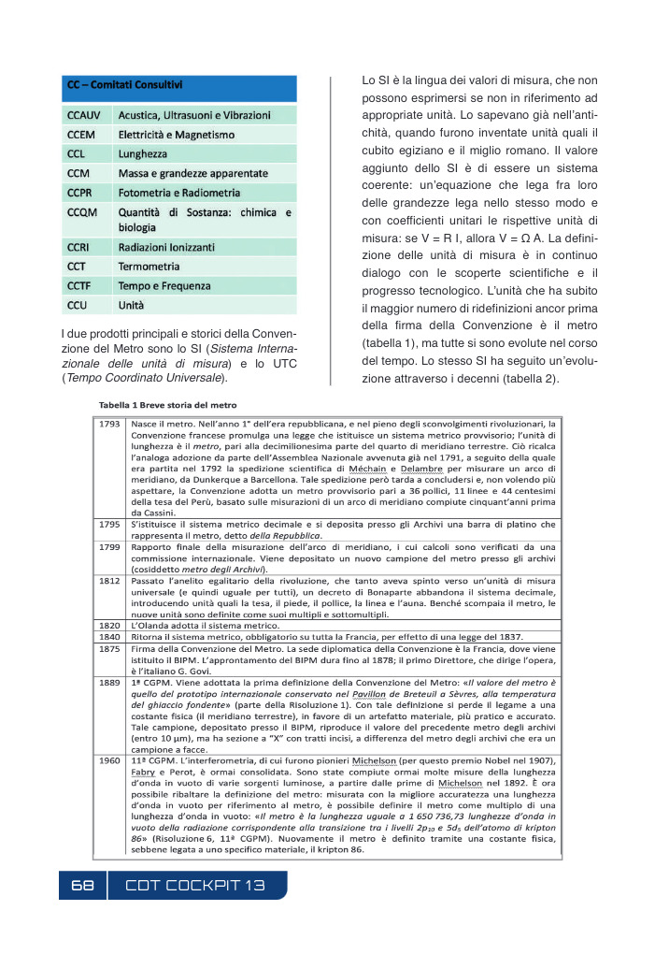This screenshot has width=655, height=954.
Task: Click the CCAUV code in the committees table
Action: point(83,116)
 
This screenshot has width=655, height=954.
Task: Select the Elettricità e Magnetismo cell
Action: point(176,135)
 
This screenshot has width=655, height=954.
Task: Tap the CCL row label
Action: point(77,153)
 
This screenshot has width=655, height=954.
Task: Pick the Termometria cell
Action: point(150,267)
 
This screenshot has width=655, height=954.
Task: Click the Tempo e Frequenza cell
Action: point(164,286)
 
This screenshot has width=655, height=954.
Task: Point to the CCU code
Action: point(78,305)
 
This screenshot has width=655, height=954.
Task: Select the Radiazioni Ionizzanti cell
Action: point(166,247)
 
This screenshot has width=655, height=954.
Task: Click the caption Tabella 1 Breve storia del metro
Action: point(169,405)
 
